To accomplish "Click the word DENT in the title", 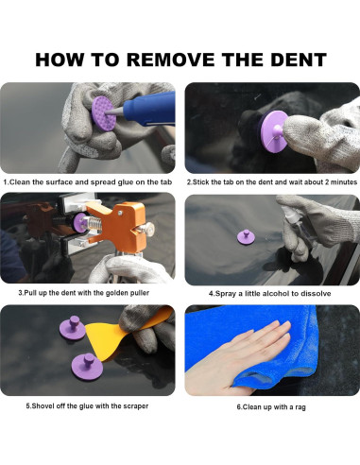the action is point(299,60).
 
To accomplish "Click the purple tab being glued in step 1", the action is point(104,114).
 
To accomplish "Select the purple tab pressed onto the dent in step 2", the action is point(273,131).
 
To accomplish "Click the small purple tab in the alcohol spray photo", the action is point(244,237).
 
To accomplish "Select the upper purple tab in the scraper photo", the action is point(73,328).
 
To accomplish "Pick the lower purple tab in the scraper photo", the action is point(84,367).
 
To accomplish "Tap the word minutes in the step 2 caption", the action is point(345,181).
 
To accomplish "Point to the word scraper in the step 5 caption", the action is point(134,405).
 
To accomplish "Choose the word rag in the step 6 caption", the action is point(300,407).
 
